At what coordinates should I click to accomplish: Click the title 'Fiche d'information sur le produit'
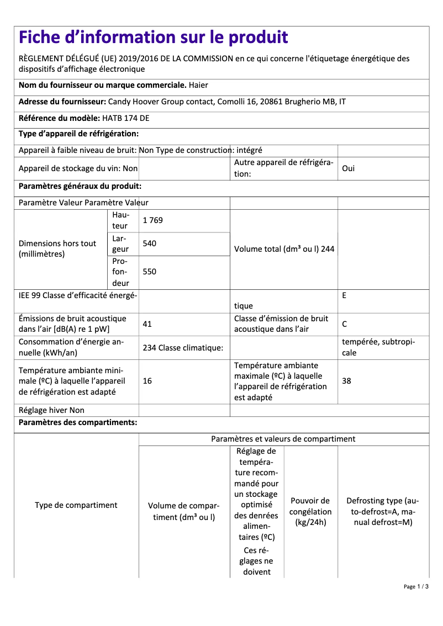click(154, 38)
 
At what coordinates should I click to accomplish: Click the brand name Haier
click(198, 86)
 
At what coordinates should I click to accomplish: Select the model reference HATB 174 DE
click(125, 118)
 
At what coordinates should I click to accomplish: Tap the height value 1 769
click(152, 220)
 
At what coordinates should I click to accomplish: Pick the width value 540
click(149, 243)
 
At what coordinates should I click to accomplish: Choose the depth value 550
click(149, 272)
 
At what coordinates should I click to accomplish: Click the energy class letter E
click(344, 296)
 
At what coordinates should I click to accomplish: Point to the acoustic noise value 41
click(147, 324)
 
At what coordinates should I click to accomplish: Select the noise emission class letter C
click(345, 324)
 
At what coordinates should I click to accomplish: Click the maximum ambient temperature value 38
click(346, 381)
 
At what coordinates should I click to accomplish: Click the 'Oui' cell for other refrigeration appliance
click(349, 168)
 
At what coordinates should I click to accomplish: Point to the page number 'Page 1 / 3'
click(416, 586)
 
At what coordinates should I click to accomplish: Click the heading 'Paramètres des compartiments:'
click(78, 423)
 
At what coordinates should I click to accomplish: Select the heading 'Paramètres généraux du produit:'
click(80, 187)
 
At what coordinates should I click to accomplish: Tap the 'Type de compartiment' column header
click(76, 505)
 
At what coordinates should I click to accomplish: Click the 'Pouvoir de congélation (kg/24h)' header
click(310, 512)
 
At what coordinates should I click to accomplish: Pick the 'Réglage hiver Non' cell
click(52, 410)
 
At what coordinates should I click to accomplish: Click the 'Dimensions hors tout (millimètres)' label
click(57, 248)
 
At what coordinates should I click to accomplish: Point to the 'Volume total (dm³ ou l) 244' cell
click(284, 249)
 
